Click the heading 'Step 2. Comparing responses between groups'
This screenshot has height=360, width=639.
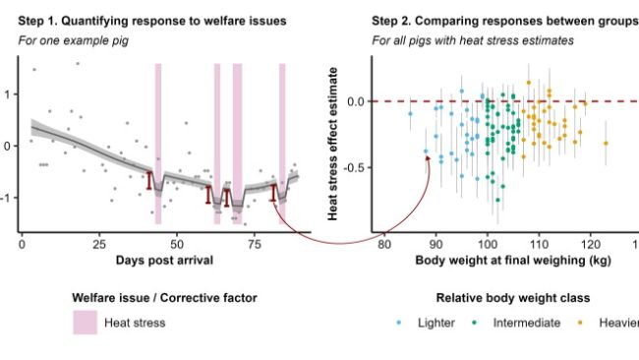point(503,21)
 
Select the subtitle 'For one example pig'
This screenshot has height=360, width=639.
point(75,40)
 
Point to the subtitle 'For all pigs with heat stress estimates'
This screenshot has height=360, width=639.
point(473,40)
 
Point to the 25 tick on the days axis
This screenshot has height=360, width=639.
point(98,243)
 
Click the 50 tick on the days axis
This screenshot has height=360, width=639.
point(175,243)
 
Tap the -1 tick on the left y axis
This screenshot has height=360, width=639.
point(10,198)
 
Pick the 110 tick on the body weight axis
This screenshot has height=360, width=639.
point(538,243)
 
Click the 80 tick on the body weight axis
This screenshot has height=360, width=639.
point(384,243)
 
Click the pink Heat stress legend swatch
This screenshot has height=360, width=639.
point(86,323)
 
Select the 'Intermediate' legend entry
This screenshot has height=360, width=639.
point(527,323)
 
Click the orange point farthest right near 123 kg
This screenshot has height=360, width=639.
point(606,143)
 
